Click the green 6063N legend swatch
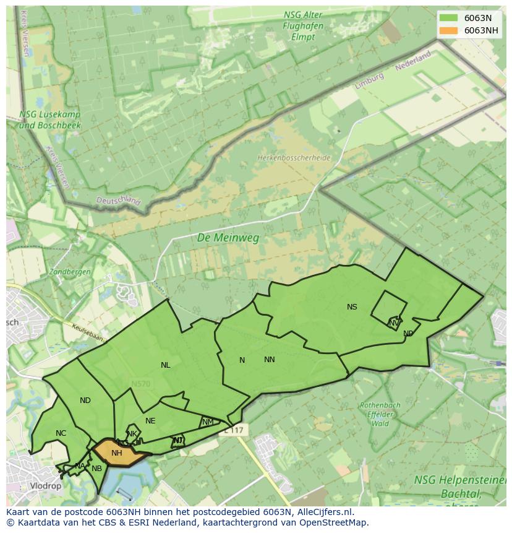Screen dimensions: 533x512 click(448, 17)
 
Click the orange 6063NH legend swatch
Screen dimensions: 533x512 click(448, 30)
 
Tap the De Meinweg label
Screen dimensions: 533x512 click(228, 238)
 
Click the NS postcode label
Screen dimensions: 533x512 click(352, 307)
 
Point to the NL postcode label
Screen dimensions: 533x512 click(165, 365)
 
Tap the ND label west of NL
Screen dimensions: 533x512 click(85, 401)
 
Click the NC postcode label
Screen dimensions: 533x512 click(61, 433)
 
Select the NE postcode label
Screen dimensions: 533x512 click(150, 421)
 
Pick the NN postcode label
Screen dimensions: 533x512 click(270, 360)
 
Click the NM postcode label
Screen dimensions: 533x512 click(208, 422)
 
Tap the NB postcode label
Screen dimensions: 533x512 click(96, 469)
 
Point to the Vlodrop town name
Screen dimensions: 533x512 click(45, 486)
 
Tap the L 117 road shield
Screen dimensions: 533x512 click(234, 429)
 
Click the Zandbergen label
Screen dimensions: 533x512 click(70, 272)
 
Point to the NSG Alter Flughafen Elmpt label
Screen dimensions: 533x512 click(300, 25)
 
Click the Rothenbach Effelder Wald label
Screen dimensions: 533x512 click(380, 415)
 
